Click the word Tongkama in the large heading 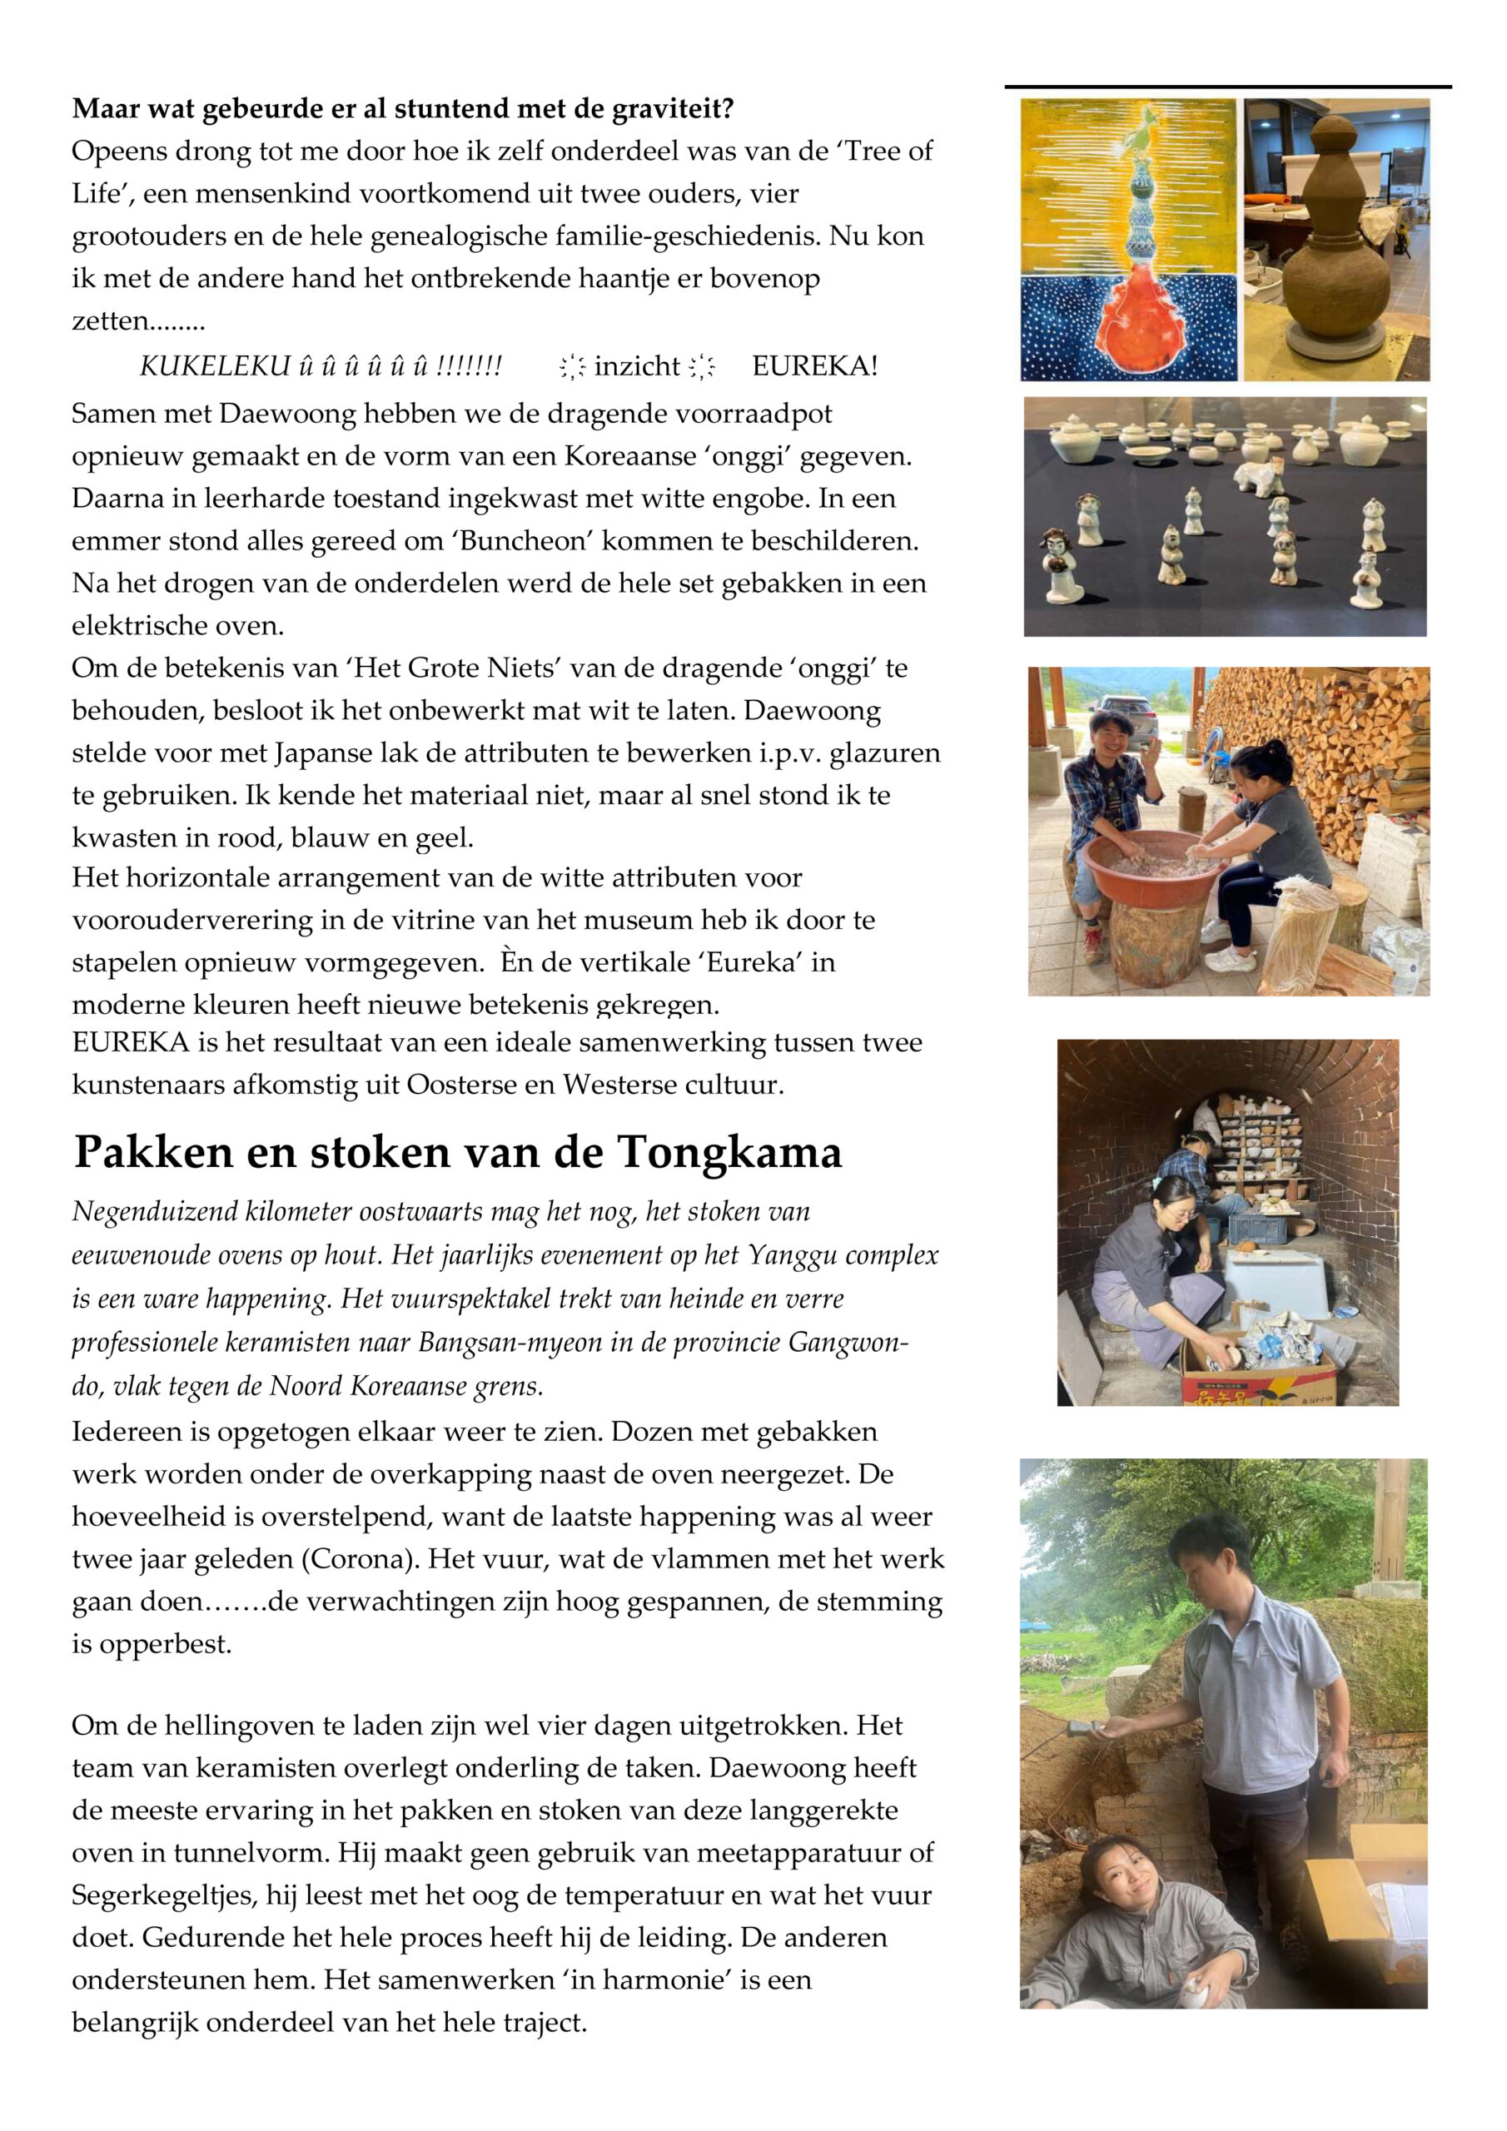[x=730, y=1153]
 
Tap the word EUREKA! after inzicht [x=814, y=366]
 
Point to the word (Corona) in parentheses [x=357, y=1558]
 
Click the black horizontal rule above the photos [x=1227, y=87]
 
